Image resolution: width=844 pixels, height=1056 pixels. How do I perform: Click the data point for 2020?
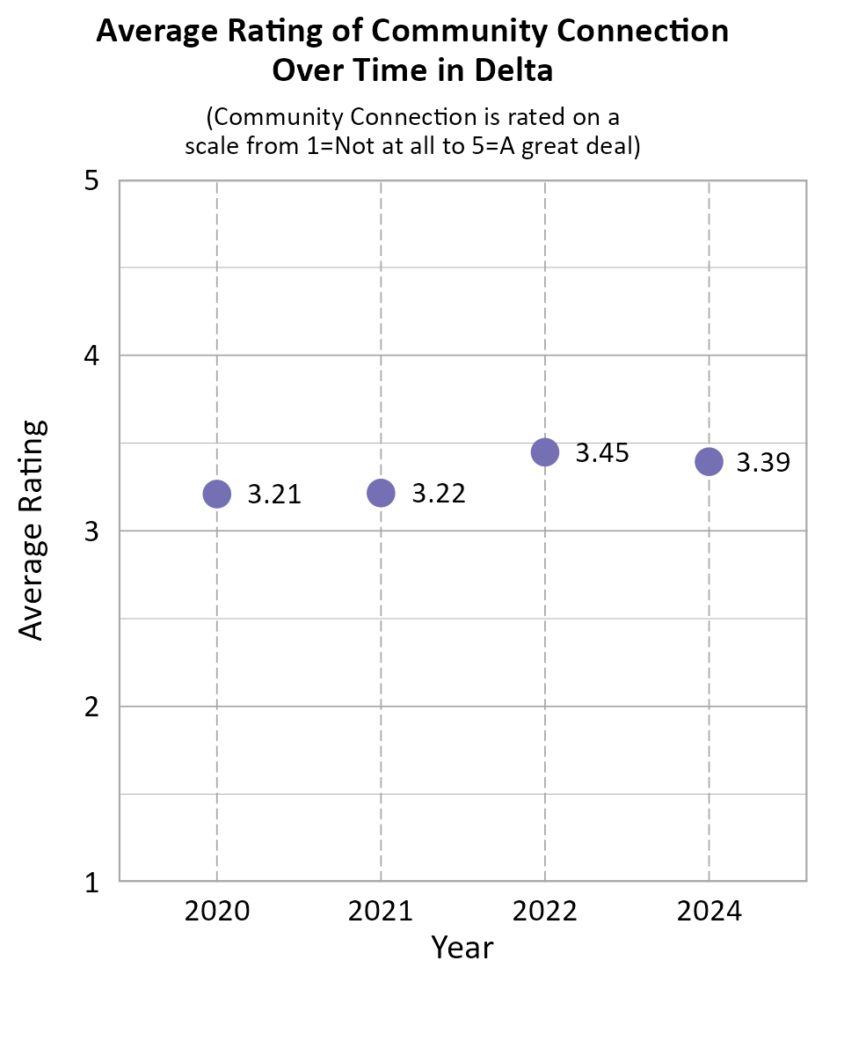tap(216, 494)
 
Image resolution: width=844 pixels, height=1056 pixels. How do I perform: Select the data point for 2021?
tap(381, 493)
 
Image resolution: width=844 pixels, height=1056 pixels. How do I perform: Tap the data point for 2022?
tap(545, 452)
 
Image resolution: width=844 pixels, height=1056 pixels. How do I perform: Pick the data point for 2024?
tap(709, 461)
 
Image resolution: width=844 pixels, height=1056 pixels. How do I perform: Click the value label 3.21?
tap(274, 495)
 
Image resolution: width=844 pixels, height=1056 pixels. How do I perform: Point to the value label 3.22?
tap(439, 494)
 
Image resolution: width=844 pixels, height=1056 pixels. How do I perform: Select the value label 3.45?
tap(602, 453)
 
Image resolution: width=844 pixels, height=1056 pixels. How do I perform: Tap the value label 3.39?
tap(763, 462)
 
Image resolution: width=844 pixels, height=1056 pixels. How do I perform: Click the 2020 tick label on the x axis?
tap(216, 911)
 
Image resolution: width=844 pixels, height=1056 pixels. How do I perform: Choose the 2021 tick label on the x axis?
tap(381, 911)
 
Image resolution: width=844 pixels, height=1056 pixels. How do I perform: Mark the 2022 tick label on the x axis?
tap(545, 911)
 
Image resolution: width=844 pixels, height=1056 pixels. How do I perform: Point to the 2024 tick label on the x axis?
tap(709, 911)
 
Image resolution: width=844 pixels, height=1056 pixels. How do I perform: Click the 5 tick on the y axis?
tap(91, 181)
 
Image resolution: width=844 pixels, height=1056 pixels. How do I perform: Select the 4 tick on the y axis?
tap(91, 356)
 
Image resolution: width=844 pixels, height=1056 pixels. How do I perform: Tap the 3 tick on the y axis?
tap(91, 532)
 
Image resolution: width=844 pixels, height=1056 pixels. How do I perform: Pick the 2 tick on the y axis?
tap(91, 707)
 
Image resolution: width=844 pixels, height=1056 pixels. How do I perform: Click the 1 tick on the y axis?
tap(91, 882)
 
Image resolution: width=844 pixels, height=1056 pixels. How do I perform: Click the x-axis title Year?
tap(462, 948)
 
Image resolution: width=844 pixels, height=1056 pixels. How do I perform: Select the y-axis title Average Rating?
tap(32, 530)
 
